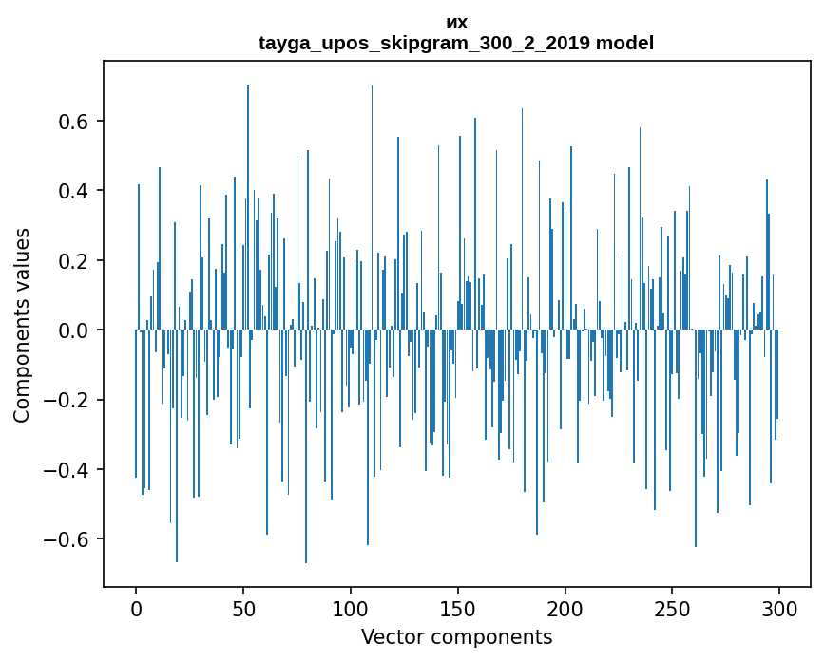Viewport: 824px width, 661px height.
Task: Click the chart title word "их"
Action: (456, 23)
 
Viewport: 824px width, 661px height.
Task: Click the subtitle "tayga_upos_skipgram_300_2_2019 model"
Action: (456, 44)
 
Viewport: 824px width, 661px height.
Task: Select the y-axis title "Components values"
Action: (22, 325)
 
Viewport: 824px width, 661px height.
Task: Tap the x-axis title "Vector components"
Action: (456, 637)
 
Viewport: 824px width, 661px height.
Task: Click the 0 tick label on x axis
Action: (136, 608)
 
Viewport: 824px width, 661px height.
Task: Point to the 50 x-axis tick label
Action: (243, 608)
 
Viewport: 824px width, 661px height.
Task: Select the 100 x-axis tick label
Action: (351, 608)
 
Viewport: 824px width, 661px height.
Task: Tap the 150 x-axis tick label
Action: (458, 608)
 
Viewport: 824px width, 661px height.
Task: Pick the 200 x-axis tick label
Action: (565, 608)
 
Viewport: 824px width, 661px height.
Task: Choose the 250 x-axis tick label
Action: (673, 608)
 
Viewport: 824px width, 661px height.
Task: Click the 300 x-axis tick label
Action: (779, 608)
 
